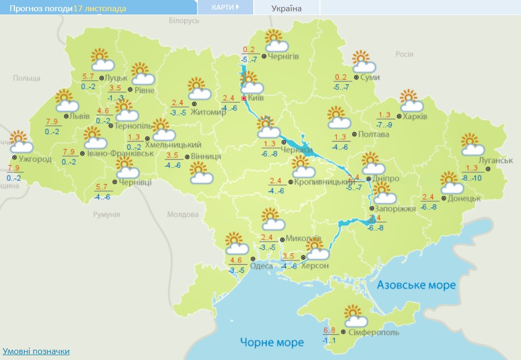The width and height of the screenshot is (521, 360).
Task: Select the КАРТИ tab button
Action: pyautogui.click(x=225, y=7)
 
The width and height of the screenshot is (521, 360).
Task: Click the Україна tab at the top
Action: pyautogui.click(x=286, y=8)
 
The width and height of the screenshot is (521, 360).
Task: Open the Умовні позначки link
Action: pyautogui.click(x=36, y=351)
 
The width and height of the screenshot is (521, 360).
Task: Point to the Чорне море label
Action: pyautogui.click(x=272, y=342)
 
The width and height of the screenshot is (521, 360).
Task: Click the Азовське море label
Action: pyautogui.click(x=416, y=285)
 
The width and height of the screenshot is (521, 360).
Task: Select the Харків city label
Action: pyautogui.click(x=416, y=116)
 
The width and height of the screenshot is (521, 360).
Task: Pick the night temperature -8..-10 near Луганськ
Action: pyautogui.click(x=472, y=178)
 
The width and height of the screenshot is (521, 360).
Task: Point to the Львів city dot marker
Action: pyautogui.click(x=66, y=116)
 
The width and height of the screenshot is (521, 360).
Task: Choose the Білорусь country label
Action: pyautogui.click(x=184, y=20)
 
